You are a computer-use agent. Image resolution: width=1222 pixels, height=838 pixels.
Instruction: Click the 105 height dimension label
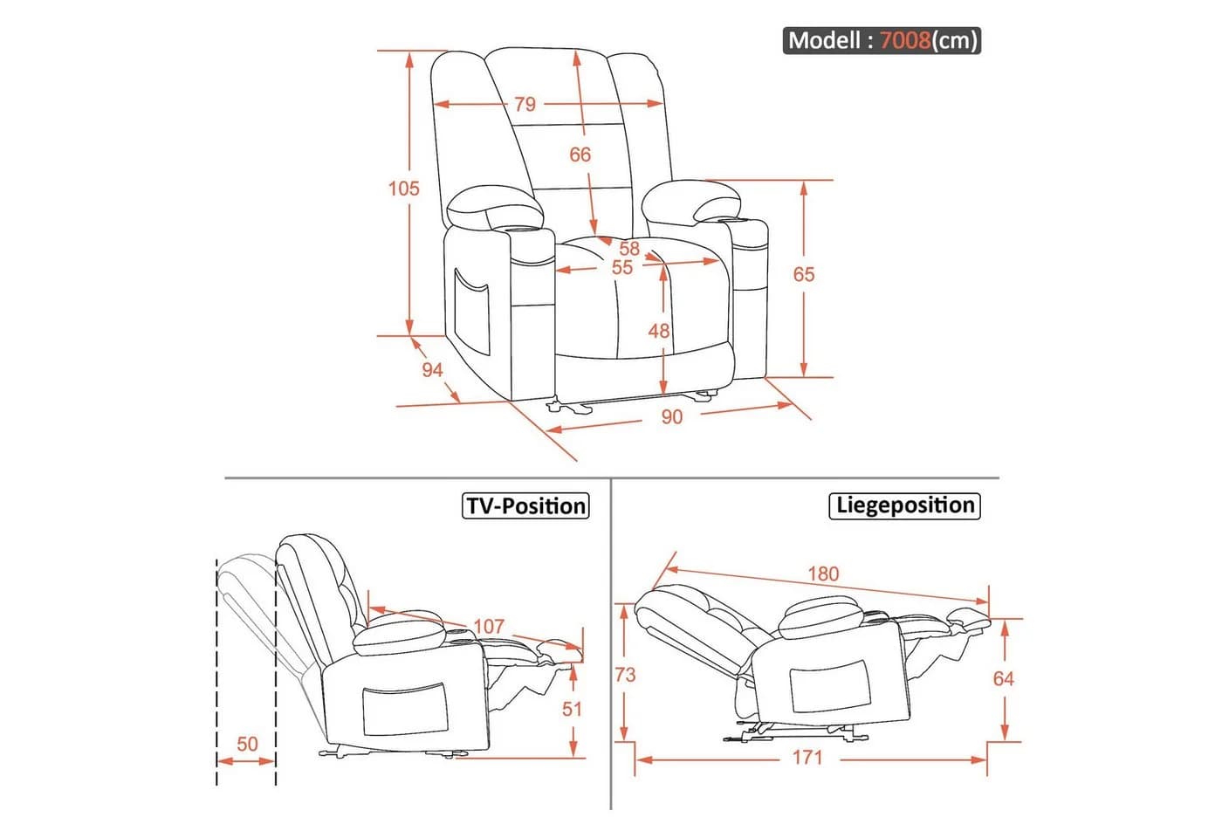click(403, 189)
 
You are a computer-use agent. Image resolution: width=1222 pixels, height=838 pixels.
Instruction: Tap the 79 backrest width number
click(525, 104)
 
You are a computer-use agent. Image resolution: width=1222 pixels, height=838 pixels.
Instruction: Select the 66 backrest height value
click(580, 155)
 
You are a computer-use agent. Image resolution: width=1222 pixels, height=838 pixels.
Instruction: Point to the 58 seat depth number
click(629, 249)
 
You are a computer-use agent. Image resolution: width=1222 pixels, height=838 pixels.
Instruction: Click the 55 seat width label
click(621, 268)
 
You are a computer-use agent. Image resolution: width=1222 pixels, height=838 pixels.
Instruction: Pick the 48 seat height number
click(658, 331)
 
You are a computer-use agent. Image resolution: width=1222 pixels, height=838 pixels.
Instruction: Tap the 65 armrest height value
click(804, 274)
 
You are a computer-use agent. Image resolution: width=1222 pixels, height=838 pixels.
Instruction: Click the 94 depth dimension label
click(432, 370)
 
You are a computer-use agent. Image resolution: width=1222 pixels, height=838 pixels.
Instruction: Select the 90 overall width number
click(671, 417)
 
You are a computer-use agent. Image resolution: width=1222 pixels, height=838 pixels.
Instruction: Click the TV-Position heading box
click(525, 505)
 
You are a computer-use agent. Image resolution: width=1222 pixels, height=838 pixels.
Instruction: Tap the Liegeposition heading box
click(904, 505)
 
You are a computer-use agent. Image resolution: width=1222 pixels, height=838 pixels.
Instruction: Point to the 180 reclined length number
click(823, 574)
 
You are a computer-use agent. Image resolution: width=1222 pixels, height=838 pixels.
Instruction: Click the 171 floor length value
click(807, 758)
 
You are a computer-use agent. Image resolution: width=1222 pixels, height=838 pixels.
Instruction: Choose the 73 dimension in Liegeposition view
click(625, 675)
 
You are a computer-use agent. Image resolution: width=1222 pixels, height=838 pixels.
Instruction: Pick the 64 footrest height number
click(1003, 679)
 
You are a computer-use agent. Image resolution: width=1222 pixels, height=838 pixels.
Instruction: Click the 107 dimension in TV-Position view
click(489, 627)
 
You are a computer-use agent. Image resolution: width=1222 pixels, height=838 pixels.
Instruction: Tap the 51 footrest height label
click(573, 709)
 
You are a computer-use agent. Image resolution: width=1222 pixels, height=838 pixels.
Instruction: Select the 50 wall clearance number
click(247, 744)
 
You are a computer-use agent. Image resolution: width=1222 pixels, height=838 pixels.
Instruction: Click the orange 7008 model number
click(906, 40)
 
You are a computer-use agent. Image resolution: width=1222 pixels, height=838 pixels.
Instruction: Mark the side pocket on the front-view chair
click(471, 313)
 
